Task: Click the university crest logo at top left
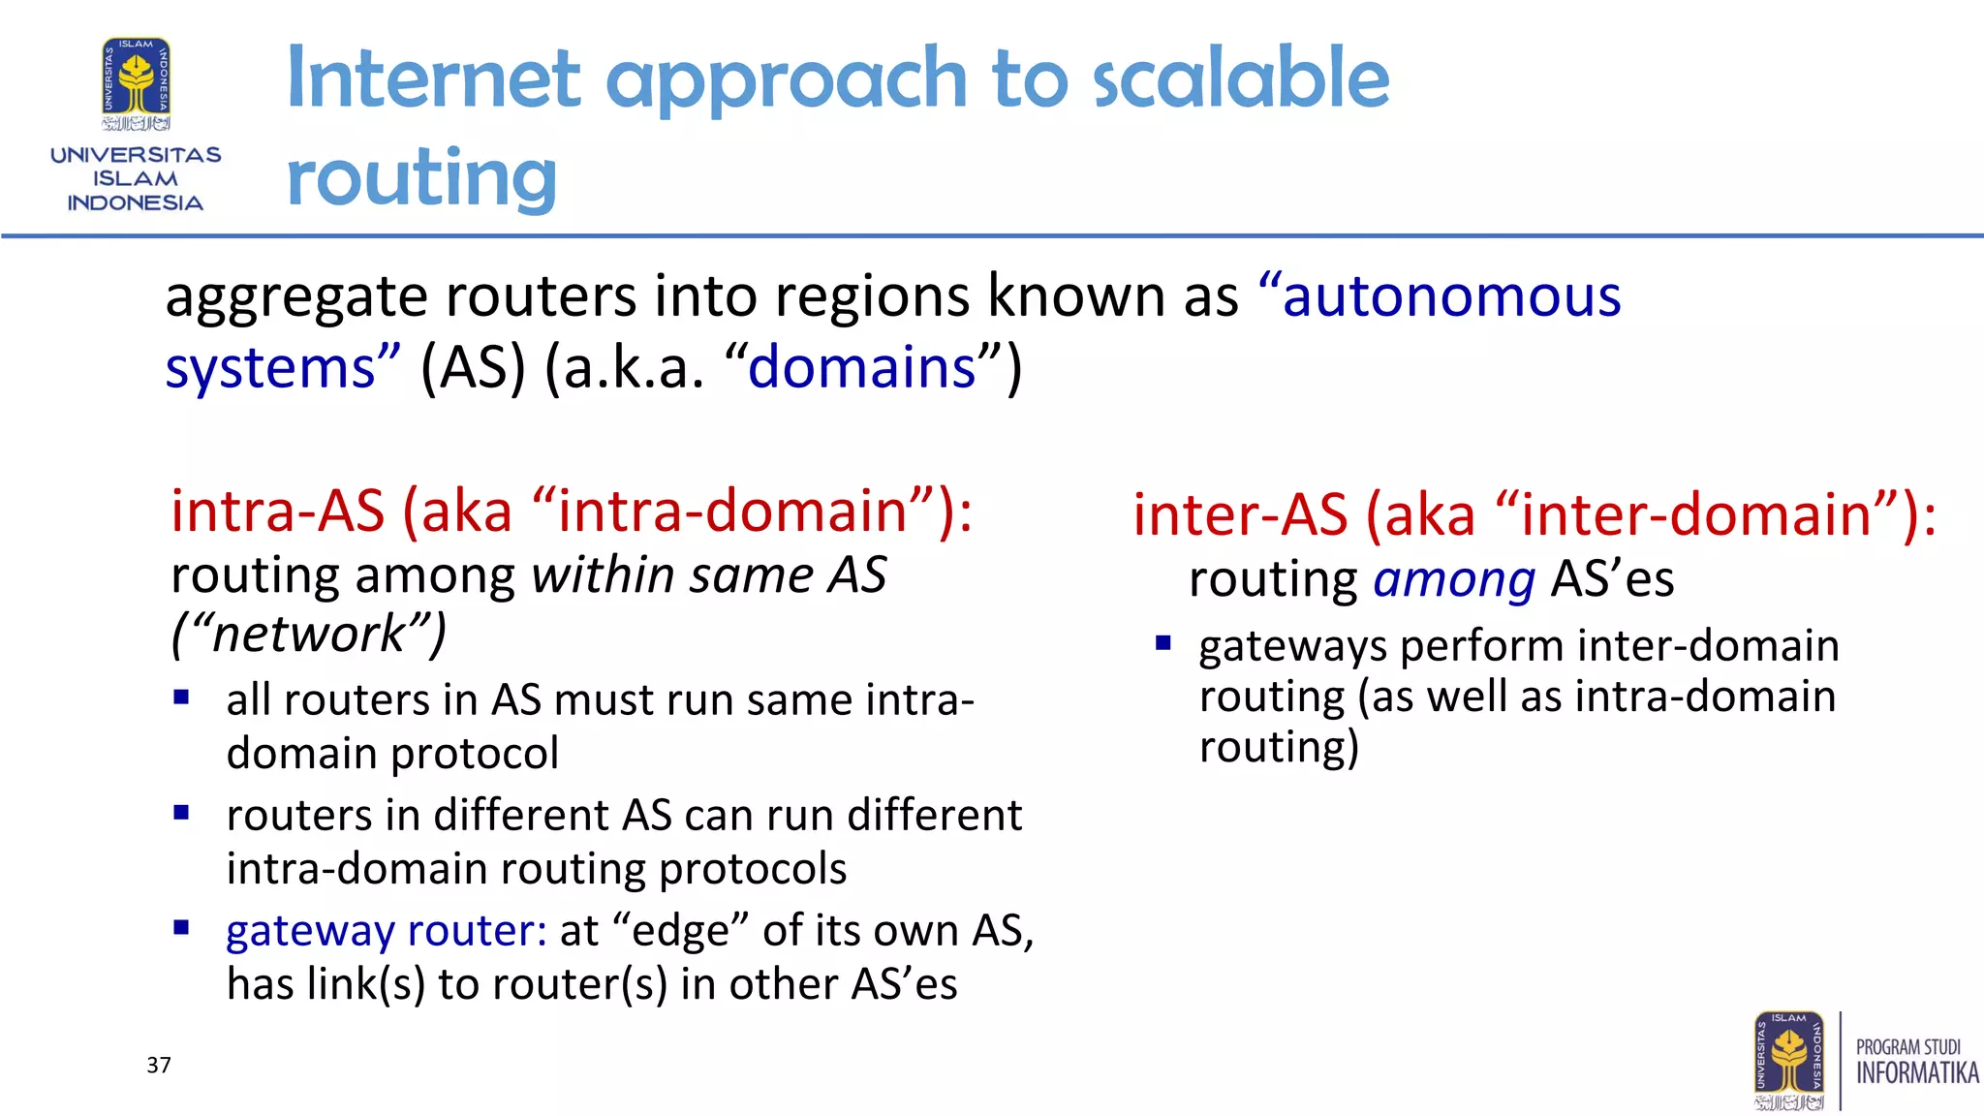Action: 136,82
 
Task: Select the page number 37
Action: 159,1066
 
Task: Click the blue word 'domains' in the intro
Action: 861,368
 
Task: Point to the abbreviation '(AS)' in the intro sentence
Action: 473,368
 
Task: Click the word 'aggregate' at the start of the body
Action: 295,296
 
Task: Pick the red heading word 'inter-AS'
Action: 1240,514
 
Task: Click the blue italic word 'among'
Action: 1454,579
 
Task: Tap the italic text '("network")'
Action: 309,634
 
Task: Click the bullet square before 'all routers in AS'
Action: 181,697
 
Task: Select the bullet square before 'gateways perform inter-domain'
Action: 1163,642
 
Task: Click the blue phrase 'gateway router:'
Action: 387,930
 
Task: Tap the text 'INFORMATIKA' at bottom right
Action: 1916,1073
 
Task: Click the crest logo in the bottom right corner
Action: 1788,1061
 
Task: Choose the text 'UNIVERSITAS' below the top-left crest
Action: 136,155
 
